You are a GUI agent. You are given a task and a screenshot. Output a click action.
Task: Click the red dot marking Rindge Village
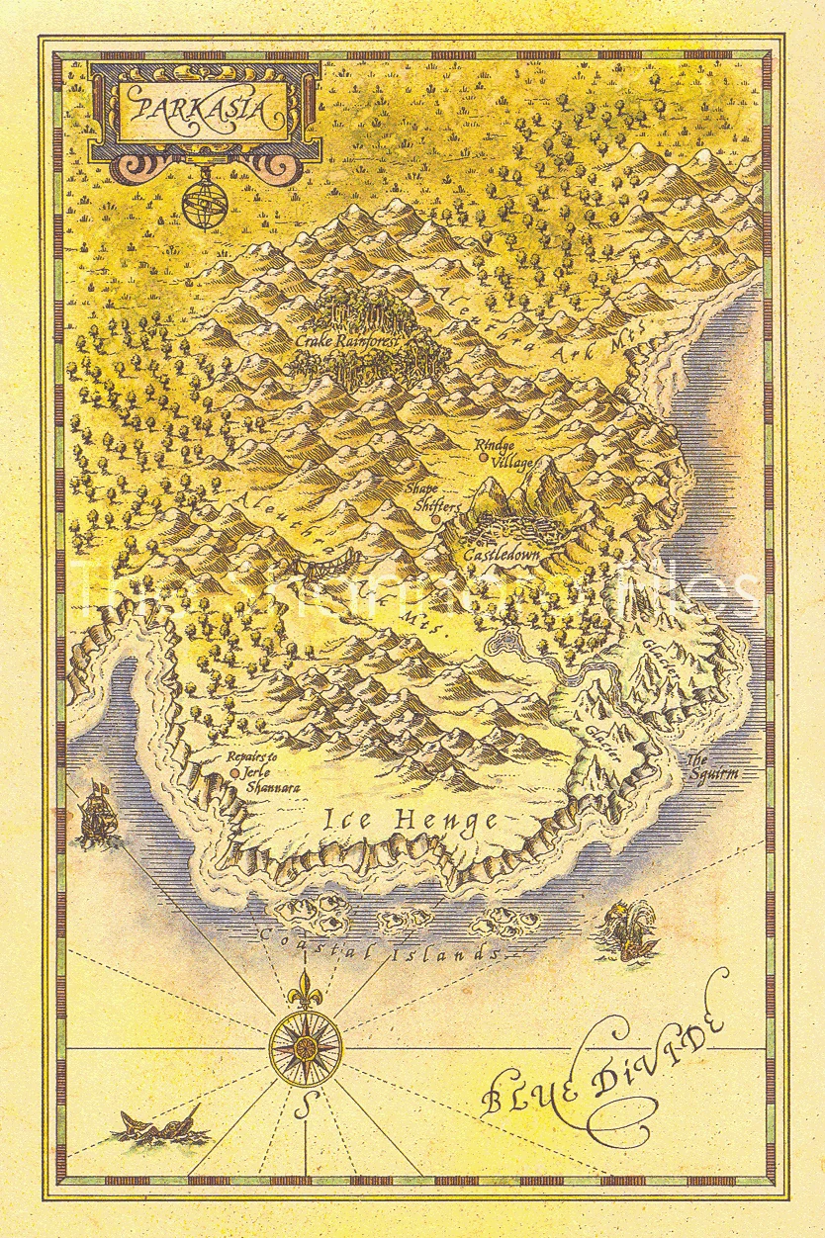[483, 458]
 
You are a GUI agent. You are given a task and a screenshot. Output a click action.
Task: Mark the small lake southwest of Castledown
[500, 644]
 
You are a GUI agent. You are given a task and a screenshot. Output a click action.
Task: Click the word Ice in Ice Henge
[349, 819]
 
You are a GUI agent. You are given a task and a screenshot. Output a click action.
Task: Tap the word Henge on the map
[445, 820]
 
